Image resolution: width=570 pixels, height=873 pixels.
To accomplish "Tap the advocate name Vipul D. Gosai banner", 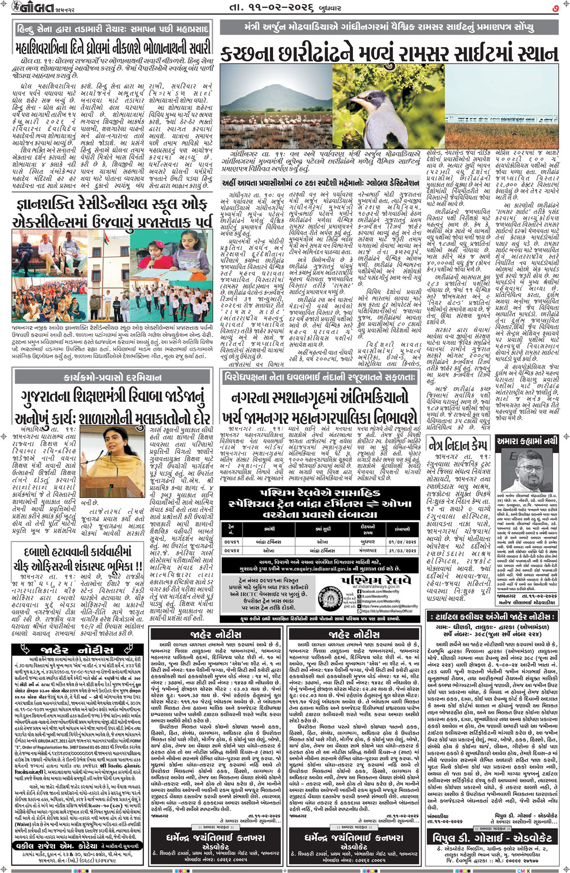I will click(x=492, y=837).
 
